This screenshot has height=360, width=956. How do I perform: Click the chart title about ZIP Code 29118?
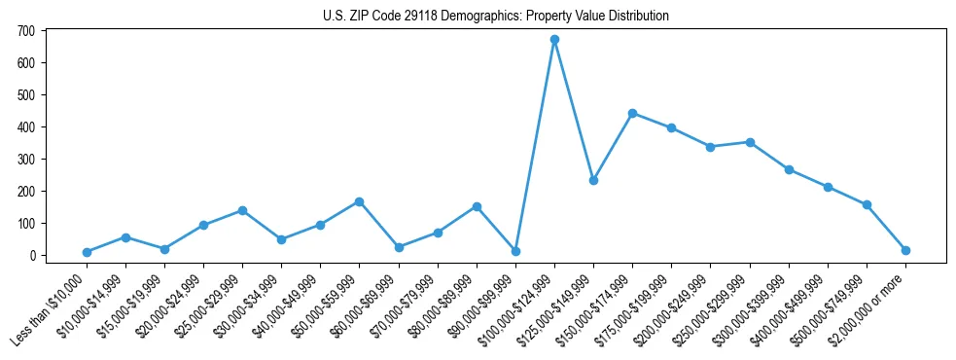click(x=495, y=17)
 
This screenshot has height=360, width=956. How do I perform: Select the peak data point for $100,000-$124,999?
click(x=554, y=40)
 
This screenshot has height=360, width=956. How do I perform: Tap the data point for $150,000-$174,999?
click(x=632, y=113)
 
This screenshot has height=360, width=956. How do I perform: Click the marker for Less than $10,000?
click(x=87, y=252)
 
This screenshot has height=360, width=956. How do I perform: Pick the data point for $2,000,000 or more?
click(x=905, y=250)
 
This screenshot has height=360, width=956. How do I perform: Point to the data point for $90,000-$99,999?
click(x=515, y=251)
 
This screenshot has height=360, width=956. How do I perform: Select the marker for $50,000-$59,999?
click(x=359, y=201)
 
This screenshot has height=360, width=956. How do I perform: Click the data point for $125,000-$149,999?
click(x=593, y=180)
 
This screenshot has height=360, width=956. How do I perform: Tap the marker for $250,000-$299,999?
click(x=750, y=142)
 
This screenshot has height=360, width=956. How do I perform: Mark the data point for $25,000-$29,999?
click(x=242, y=210)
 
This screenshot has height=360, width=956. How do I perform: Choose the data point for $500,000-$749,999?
click(x=867, y=204)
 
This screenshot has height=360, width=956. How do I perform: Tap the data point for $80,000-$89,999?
click(x=477, y=206)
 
